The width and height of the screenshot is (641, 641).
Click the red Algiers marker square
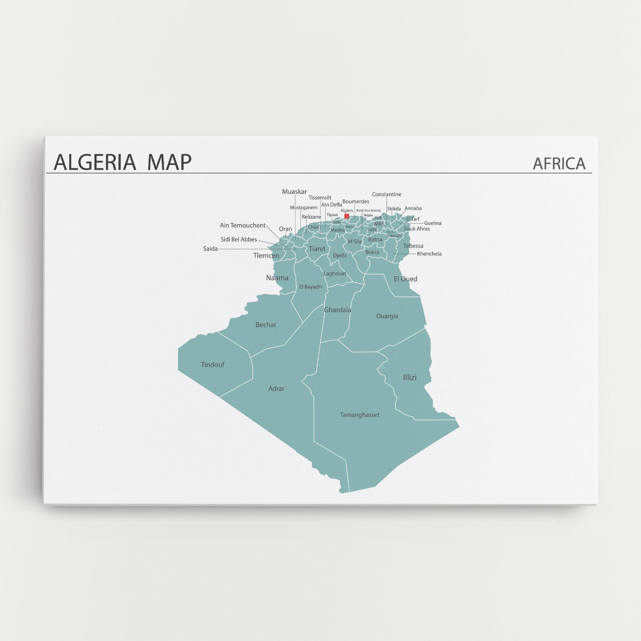pyautogui.click(x=346, y=216)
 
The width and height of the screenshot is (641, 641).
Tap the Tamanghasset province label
pyautogui.click(x=360, y=415)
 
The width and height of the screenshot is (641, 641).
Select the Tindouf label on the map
pyautogui.click(x=213, y=365)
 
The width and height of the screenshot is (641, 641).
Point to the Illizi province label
pyautogui.click(x=410, y=378)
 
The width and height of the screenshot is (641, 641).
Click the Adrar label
pyautogui.click(x=276, y=389)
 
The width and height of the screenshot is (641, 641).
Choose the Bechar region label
pyautogui.click(x=266, y=325)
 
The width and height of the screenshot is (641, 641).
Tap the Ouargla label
pyautogui.click(x=387, y=316)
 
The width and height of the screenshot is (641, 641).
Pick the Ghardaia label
pyautogui.click(x=337, y=310)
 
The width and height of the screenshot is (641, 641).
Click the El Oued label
pyautogui.click(x=406, y=279)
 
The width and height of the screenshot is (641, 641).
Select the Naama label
pyautogui.click(x=277, y=278)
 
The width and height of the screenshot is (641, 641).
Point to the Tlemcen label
pyautogui.click(x=266, y=256)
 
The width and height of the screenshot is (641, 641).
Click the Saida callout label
pyautogui.click(x=210, y=249)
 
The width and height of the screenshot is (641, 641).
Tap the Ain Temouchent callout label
pyautogui.click(x=243, y=225)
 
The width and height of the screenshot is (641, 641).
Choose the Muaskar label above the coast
pyautogui.click(x=295, y=192)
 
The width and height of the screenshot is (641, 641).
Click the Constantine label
pyautogui.click(x=387, y=194)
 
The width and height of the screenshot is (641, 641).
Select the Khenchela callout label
pyautogui.click(x=429, y=254)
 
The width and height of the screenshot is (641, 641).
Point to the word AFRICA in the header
pyautogui.click(x=559, y=164)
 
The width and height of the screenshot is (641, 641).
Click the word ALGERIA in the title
pyautogui.click(x=95, y=162)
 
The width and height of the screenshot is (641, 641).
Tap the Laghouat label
pyautogui.click(x=335, y=274)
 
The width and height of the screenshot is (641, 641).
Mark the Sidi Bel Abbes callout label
pyautogui.click(x=239, y=240)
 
